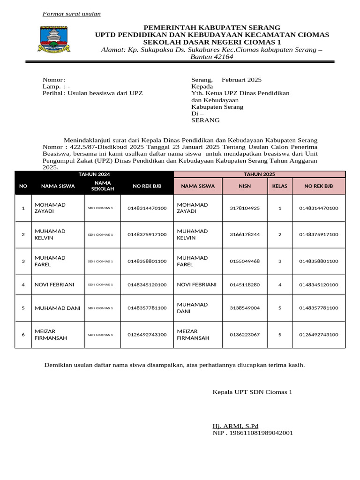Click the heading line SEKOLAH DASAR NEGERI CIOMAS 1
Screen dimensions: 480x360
point(211,42)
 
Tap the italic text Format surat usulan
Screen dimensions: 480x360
point(72,14)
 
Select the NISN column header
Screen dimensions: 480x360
point(245,186)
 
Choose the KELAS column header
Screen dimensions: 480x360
point(280,186)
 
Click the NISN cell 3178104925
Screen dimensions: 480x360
point(245,208)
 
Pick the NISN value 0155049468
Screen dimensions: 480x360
point(245,261)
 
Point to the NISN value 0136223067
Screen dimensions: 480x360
point(245,335)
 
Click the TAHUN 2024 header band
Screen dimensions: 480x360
point(94,174)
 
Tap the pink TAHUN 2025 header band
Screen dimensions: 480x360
point(259,174)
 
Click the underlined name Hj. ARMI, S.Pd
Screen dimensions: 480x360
point(235,426)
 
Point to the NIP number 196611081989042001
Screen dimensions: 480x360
point(253,433)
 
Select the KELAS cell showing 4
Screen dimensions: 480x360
point(280,285)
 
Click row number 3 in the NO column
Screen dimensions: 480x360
point(23,261)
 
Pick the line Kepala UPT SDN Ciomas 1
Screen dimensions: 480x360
point(252,391)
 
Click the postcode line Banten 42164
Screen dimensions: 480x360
point(211,57)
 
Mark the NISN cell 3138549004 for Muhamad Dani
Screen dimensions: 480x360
point(245,308)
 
